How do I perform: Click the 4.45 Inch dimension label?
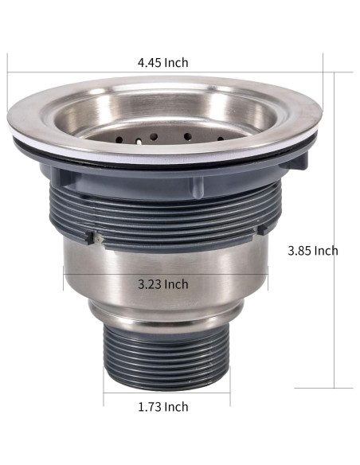tap(162, 63)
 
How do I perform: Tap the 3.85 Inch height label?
tap(313, 250)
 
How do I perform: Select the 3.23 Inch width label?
tap(163, 284)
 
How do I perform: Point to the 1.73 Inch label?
tap(162, 407)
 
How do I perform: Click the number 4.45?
tap(149, 63)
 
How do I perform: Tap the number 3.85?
tap(299, 250)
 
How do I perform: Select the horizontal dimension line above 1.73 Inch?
tap(166, 393)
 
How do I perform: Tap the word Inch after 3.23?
tap(177, 284)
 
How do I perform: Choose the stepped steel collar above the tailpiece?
tap(166, 315)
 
